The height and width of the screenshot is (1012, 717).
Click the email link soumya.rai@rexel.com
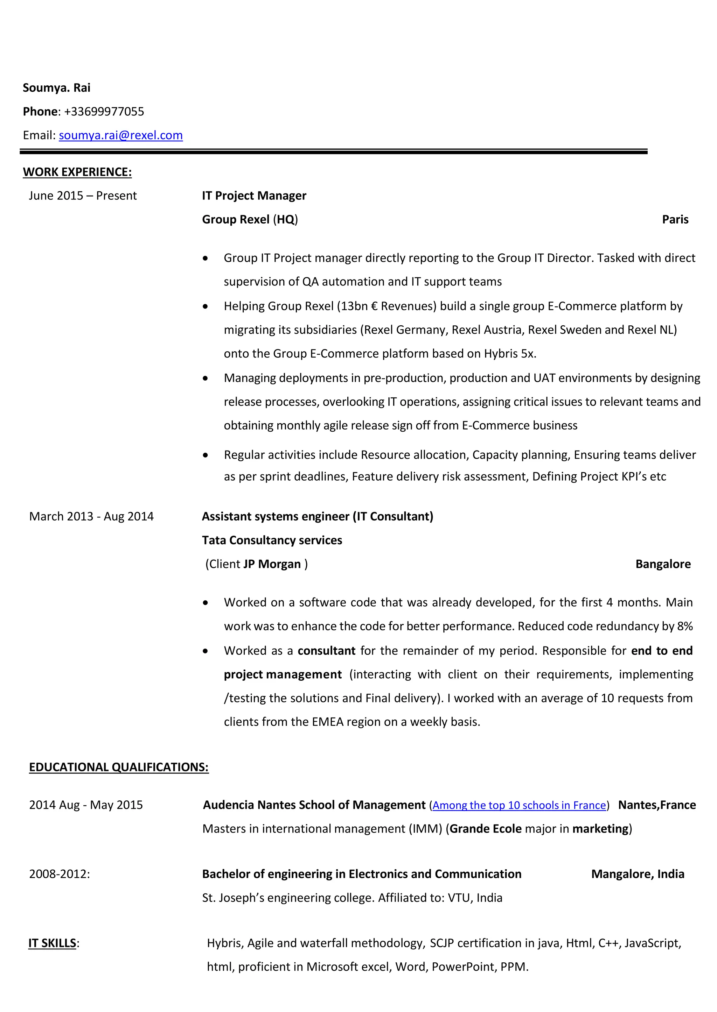[x=120, y=135]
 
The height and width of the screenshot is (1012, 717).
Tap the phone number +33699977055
[x=104, y=112]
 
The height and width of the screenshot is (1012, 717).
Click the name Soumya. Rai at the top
[x=56, y=88]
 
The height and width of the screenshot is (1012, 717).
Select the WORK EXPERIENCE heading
[x=77, y=172]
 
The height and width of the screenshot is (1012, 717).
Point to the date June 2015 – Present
[x=83, y=196]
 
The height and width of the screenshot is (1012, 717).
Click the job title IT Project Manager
[x=254, y=196]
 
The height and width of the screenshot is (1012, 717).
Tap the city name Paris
[x=675, y=220]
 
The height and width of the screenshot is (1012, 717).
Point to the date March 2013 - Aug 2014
[x=91, y=517]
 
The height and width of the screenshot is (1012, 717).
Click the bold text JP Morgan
[x=272, y=564]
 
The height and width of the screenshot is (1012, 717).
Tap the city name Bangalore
[x=663, y=564]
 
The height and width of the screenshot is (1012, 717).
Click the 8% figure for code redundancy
[x=685, y=627]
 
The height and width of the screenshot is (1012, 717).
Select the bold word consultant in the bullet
[x=326, y=651]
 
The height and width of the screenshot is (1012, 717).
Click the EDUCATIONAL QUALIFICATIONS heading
[x=119, y=767]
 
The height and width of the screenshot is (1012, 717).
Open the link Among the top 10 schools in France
[x=519, y=806]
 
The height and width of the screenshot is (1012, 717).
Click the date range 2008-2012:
[x=60, y=875]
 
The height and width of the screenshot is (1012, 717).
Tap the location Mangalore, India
[x=638, y=875]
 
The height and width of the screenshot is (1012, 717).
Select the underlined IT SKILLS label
[x=53, y=943]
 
